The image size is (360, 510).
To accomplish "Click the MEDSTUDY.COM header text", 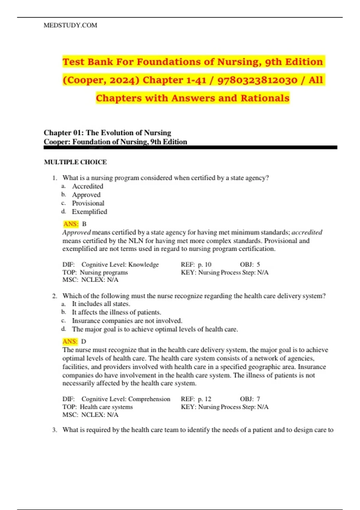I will (70, 25).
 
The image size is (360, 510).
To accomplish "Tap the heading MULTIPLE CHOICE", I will (75, 162).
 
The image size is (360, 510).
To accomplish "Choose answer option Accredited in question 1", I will (88, 186).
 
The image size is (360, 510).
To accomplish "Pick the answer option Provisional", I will (88, 203).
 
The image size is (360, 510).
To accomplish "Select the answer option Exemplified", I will (89, 212).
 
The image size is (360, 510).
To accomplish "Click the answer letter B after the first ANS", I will (84, 224).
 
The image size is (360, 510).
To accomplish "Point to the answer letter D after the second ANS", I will (84, 341).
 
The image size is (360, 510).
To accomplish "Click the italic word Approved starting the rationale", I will (76, 232).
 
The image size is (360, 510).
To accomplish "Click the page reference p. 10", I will (205, 265).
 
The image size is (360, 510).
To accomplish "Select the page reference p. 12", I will (205, 399).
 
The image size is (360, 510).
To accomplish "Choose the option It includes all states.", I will (101, 304).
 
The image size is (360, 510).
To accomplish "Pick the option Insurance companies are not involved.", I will (127, 321).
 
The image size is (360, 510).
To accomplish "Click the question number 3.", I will (54, 430).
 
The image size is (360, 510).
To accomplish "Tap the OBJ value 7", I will (258, 399).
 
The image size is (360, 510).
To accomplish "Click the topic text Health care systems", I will (106, 407).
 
